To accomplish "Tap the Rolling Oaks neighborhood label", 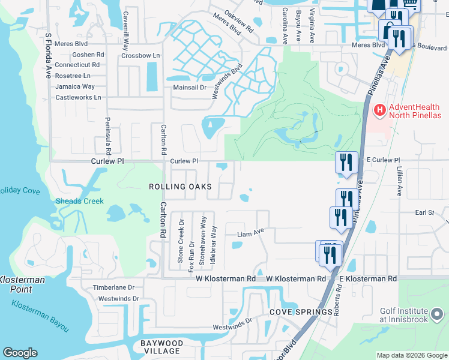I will coord(180,187).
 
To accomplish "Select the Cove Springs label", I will coord(301,313).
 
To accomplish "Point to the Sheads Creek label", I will coord(80,202).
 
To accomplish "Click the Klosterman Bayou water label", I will coord(40,315).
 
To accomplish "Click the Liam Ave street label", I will coord(250,232).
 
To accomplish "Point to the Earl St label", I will coord(424,212).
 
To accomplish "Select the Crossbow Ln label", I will coord(141,55).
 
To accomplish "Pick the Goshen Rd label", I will coord(88,54).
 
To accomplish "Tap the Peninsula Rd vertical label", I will coord(109,134).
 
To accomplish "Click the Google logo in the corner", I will coord(20,353).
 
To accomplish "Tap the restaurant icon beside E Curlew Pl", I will coord(346,162).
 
